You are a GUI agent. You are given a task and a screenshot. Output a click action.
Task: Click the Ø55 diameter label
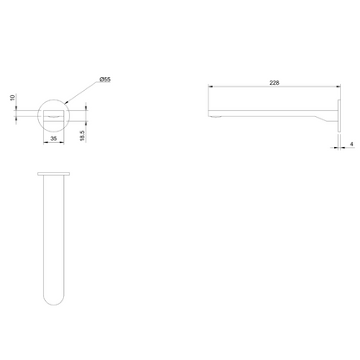[x=105, y=80]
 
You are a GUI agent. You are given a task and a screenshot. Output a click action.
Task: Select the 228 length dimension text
[x=274, y=83]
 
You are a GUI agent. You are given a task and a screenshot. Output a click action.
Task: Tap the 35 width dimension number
[x=54, y=138]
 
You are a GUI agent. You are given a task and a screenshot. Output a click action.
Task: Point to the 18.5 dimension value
[x=82, y=136]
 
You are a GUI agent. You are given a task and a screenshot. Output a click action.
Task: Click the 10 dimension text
[x=12, y=98]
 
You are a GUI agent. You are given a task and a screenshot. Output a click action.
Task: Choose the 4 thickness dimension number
[x=351, y=144]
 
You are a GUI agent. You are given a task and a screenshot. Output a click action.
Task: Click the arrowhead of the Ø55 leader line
[x=65, y=102]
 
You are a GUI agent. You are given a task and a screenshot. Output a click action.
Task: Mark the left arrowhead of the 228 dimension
[x=210, y=86]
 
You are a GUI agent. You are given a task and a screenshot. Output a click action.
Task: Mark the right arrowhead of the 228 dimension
[x=338, y=86]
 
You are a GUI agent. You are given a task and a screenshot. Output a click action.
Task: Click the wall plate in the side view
[x=339, y=116]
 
